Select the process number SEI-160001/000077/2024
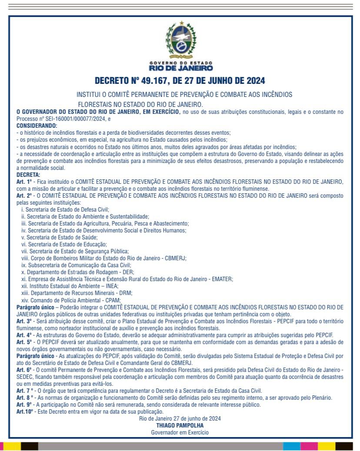[x=70, y=118]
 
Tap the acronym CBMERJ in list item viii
[x=175, y=258]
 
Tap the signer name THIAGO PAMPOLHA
[x=180, y=425]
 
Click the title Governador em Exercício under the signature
[x=180, y=432]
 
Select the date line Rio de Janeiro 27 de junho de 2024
[x=180, y=418]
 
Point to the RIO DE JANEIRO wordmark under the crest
[x=180, y=68]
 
